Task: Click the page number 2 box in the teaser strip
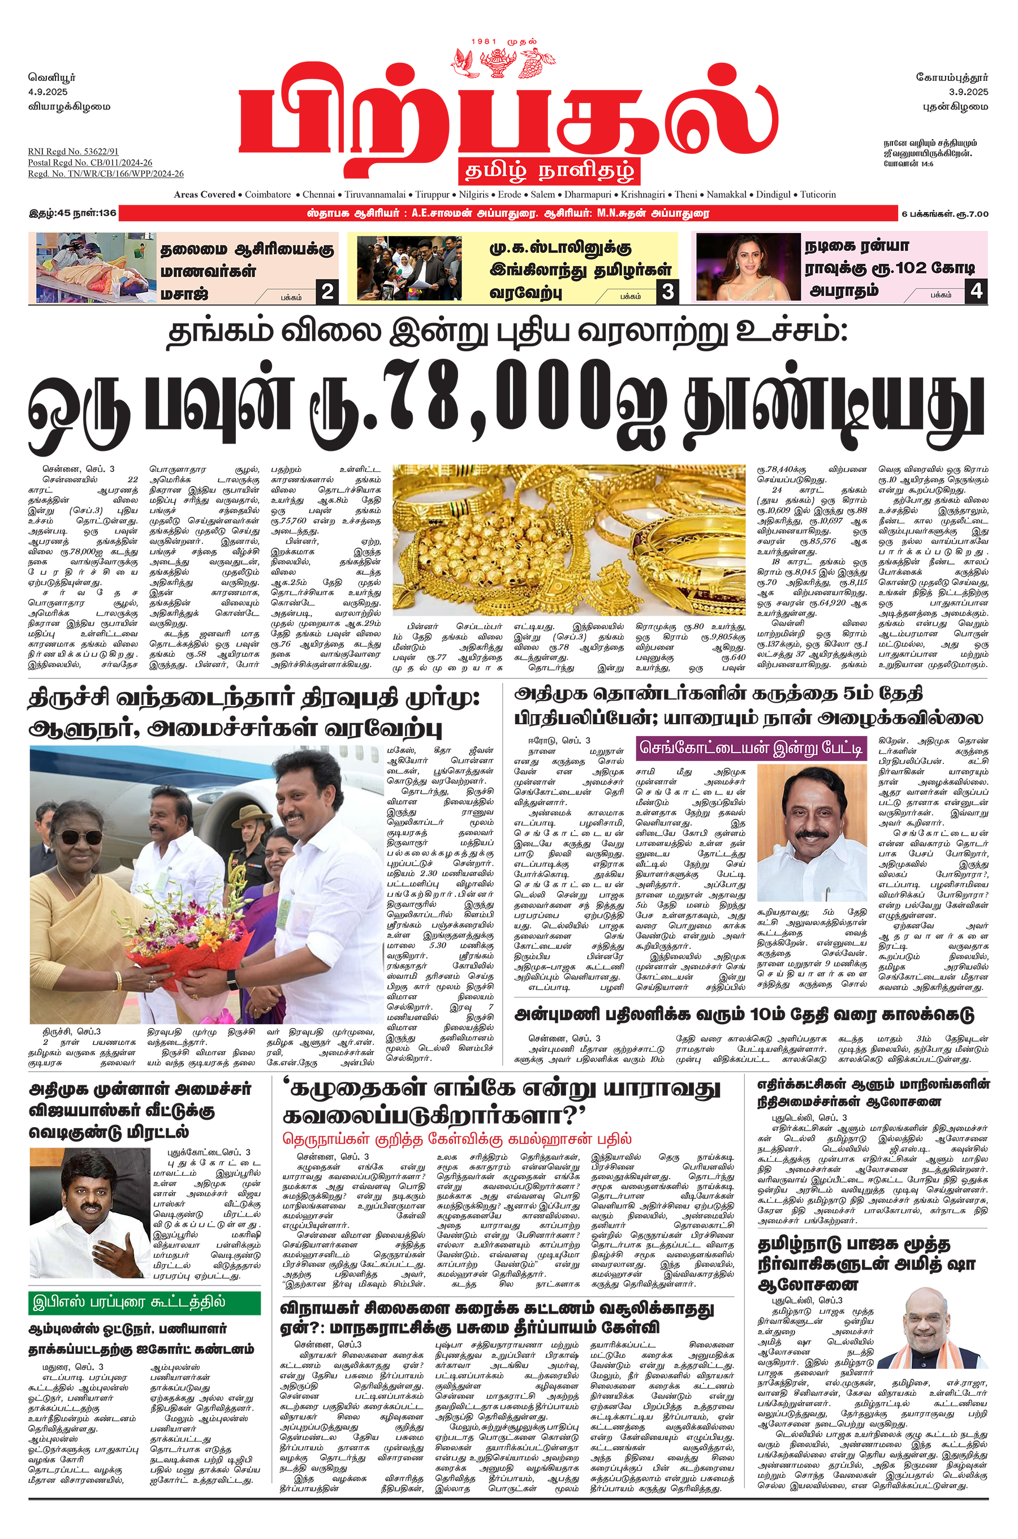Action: (x=327, y=291)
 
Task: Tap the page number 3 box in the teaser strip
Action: (x=667, y=291)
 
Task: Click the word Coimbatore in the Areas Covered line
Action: (x=268, y=194)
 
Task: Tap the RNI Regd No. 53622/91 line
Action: (x=73, y=151)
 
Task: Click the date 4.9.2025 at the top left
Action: (x=48, y=92)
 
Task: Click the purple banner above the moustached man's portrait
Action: (x=751, y=748)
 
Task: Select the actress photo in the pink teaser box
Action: (x=747, y=266)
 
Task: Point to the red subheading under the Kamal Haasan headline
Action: (x=456, y=1138)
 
